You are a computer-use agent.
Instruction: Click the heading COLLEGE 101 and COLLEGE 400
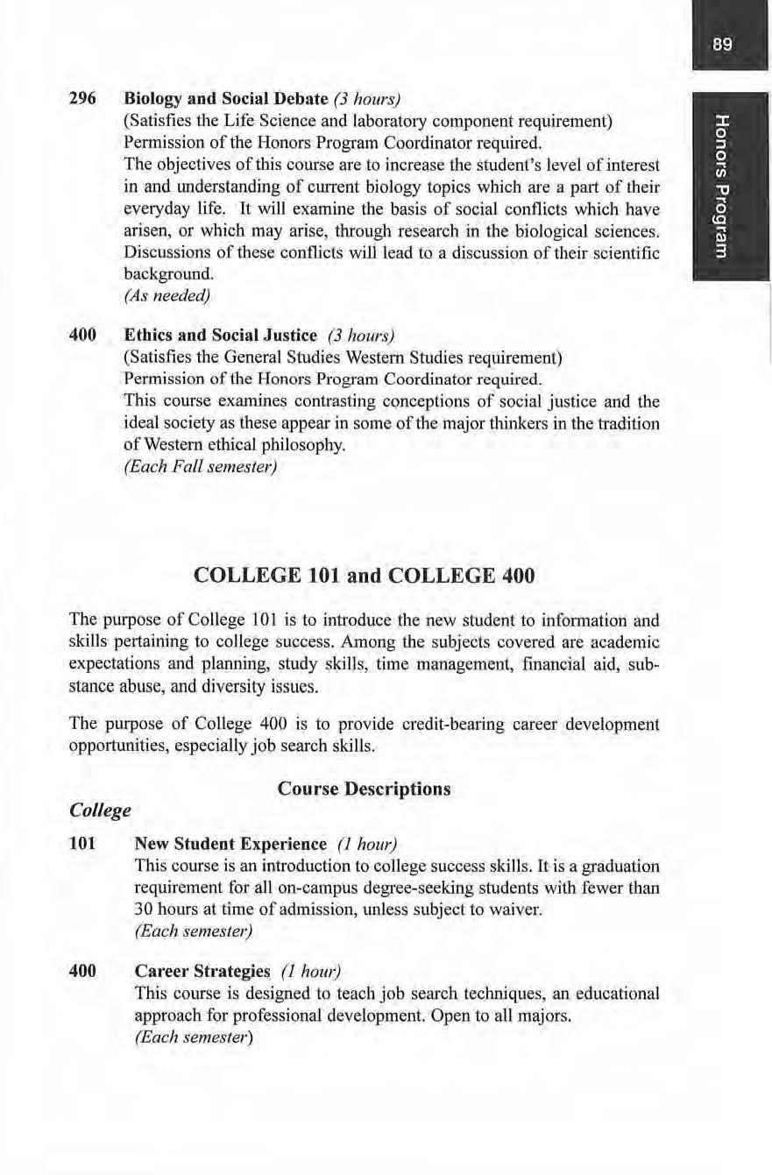point(363,577)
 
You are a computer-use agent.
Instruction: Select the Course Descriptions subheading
point(364,789)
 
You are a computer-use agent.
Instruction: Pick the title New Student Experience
point(230,844)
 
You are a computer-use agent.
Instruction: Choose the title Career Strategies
point(202,972)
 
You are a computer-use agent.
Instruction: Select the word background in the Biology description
point(165,274)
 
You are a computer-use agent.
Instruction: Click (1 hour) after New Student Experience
point(367,844)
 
